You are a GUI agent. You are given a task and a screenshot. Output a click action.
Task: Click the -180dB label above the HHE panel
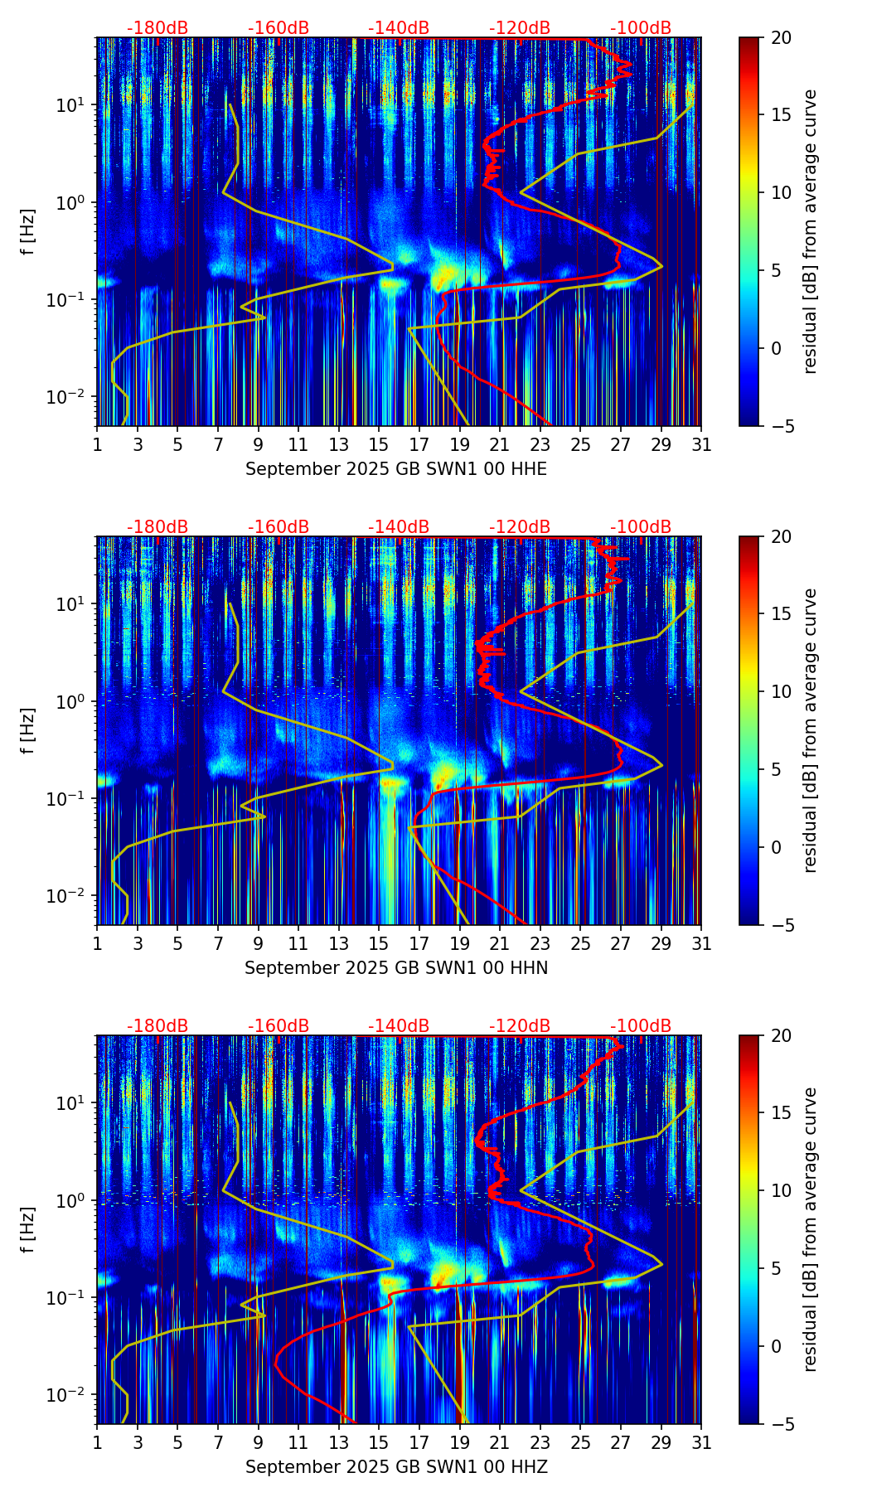157,28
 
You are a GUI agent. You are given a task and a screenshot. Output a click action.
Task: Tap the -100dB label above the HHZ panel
641,1026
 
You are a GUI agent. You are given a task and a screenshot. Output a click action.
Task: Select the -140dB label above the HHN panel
399,527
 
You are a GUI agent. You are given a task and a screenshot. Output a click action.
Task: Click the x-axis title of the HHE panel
396,469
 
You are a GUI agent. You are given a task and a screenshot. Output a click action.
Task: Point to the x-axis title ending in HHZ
396,1467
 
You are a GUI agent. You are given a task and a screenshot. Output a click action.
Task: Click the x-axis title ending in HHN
396,968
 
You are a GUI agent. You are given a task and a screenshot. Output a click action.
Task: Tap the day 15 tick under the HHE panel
379,444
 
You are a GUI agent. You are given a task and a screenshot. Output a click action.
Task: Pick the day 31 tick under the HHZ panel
701,1442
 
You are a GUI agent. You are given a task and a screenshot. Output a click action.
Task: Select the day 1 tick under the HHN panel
98,943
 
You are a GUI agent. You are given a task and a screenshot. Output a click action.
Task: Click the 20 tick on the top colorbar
781,37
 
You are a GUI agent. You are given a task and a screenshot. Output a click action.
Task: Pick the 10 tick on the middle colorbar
781,691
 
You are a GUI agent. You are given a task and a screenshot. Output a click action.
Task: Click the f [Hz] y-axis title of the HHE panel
28,231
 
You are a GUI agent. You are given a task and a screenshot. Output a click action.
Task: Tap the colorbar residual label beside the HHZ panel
810,1229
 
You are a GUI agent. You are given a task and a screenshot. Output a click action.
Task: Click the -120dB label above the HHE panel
520,28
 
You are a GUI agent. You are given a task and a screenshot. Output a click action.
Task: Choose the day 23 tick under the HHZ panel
540,1442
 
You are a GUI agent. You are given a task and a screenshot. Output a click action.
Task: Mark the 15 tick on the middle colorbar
781,613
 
